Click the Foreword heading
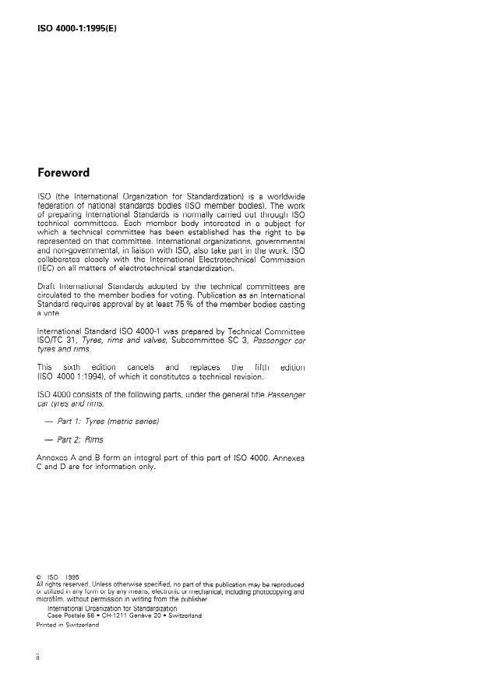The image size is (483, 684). pos(63,172)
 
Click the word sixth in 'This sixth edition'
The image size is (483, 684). pos(86,367)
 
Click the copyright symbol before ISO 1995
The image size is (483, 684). pos(40,577)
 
